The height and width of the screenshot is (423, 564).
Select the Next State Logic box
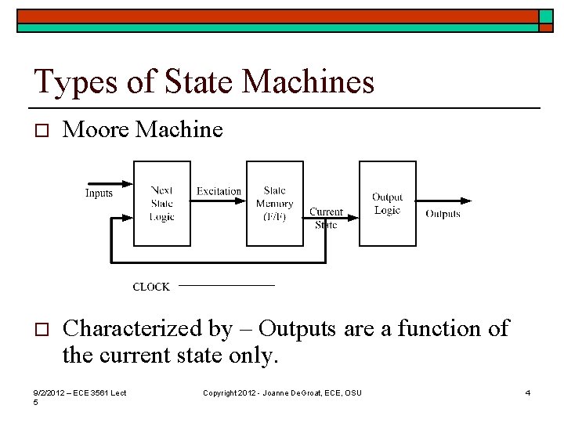tap(162, 202)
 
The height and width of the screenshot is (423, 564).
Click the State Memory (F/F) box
tap(275, 202)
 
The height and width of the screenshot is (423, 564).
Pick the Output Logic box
tap(387, 202)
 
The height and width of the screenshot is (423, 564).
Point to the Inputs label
tap(99, 193)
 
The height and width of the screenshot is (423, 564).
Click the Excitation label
tap(219, 191)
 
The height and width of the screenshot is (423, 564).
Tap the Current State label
tap(326, 218)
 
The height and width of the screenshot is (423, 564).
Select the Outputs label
tap(443, 214)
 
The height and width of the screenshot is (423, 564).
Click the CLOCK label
tap(151, 287)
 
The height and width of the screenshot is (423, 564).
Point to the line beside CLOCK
tap(227, 286)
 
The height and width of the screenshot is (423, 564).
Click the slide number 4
tap(528, 392)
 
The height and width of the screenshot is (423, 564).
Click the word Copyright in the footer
tap(221, 392)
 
